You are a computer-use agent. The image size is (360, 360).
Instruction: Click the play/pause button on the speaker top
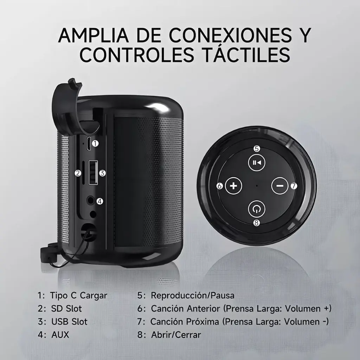pos(257,162)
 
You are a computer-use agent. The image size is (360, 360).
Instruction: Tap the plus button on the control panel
pos(233,186)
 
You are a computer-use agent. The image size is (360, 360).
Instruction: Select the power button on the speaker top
pos(256,209)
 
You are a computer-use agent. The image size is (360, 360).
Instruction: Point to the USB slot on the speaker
pos(93,173)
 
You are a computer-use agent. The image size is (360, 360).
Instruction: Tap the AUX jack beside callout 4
pos(91,200)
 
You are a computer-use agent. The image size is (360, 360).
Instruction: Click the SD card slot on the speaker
pos(83,173)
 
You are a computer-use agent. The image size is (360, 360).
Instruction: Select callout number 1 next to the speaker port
pos(95,144)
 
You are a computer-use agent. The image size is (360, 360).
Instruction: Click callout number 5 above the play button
pos(257,149)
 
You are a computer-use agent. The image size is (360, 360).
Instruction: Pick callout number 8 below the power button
pos(256,223)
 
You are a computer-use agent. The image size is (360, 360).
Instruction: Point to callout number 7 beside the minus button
pos(294,186)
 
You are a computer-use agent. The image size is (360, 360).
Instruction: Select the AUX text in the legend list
pos(60,335)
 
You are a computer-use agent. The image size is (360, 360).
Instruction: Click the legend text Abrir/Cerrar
pos(176,335)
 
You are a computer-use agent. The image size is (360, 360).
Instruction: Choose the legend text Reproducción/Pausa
pos(193,295)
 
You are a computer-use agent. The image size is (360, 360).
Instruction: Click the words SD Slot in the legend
pos(66,309)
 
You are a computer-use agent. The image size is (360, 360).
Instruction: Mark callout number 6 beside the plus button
pos(220,186)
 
